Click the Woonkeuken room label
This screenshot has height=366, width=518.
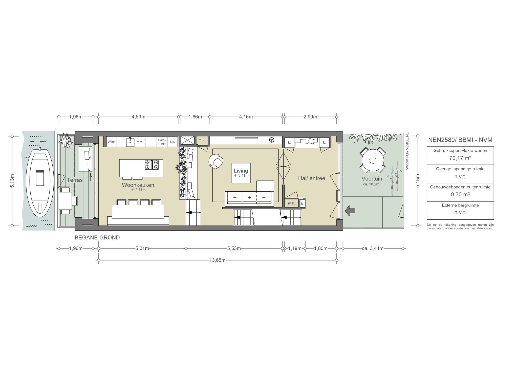click(x=138, y=185)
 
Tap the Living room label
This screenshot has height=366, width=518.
click(x=241, y=171)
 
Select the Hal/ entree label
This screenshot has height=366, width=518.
click(x=311, y=178)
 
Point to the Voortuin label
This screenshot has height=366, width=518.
click(x=372, y=179)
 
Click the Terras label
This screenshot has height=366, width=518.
click(x=75, y=180)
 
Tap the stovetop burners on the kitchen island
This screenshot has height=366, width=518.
click(x=152, y=165)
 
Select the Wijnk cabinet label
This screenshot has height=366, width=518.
click(x=112, y=142)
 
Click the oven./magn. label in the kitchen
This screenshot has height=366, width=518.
click(x=162, y=142)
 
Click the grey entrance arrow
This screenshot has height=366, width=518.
click(x=350, y=211)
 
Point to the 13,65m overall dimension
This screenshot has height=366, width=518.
click(x=217, y=260)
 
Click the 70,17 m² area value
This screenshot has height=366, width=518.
click(x=460, y=158)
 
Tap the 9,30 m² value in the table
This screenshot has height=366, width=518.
click(x=460, y=195)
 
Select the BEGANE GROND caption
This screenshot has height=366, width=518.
click(x=97, y=238)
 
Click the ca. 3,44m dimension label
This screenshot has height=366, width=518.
click(x=373, y=248)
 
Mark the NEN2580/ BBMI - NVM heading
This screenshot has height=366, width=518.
click(x=460, y=140)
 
